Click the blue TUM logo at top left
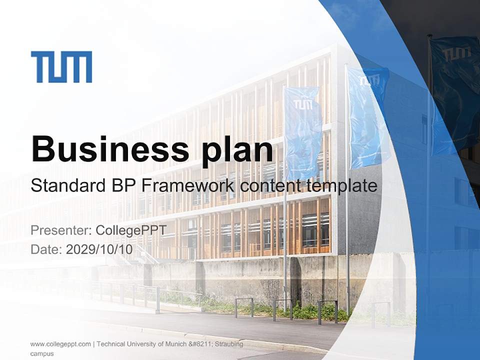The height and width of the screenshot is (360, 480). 61,67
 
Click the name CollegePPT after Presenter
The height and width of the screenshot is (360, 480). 131,230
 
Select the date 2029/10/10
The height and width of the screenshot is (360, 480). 99,249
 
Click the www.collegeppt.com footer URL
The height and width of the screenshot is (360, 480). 60,344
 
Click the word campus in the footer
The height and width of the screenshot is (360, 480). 42,353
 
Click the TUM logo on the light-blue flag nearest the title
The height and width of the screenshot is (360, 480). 302,103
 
